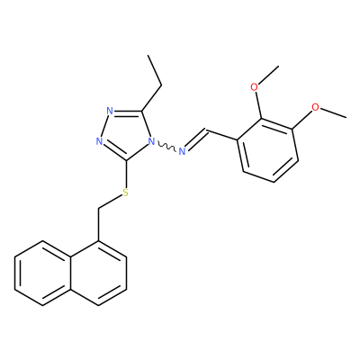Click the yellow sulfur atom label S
pos(126,193)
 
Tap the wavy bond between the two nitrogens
pos(166,147)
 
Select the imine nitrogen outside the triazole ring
pos(182,151)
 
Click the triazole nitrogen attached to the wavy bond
pos(152,141)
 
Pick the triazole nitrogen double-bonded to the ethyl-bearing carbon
pos(110,112)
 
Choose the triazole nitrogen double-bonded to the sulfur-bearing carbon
pos(100,141)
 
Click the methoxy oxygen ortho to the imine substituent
pos(255,87)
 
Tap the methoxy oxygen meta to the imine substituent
pos(315,107)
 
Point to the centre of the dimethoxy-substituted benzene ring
pos(267,150)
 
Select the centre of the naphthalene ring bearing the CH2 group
pos(98,274)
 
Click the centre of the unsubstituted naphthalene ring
pos(42,274)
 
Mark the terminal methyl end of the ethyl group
pos(148,55)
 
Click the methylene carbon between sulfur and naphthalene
pos(98,208)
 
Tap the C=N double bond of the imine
pos(195,140)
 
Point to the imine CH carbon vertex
pos(207,130)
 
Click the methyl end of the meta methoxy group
pos(346,117)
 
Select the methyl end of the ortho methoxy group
pos(279,66)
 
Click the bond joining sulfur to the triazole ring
pos(126,174)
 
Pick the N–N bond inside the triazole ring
pos(104,126)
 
